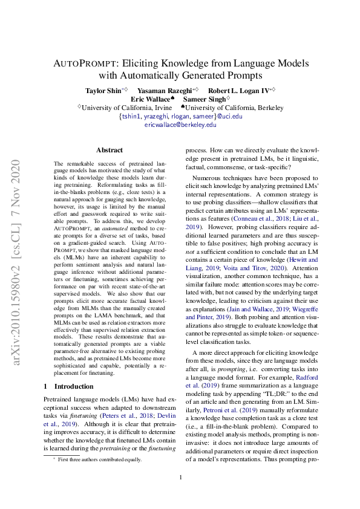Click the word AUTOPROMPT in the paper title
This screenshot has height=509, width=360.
coord(87,62)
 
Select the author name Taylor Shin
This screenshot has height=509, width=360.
coord(103,89)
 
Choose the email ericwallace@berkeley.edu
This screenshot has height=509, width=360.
coord(180,125)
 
